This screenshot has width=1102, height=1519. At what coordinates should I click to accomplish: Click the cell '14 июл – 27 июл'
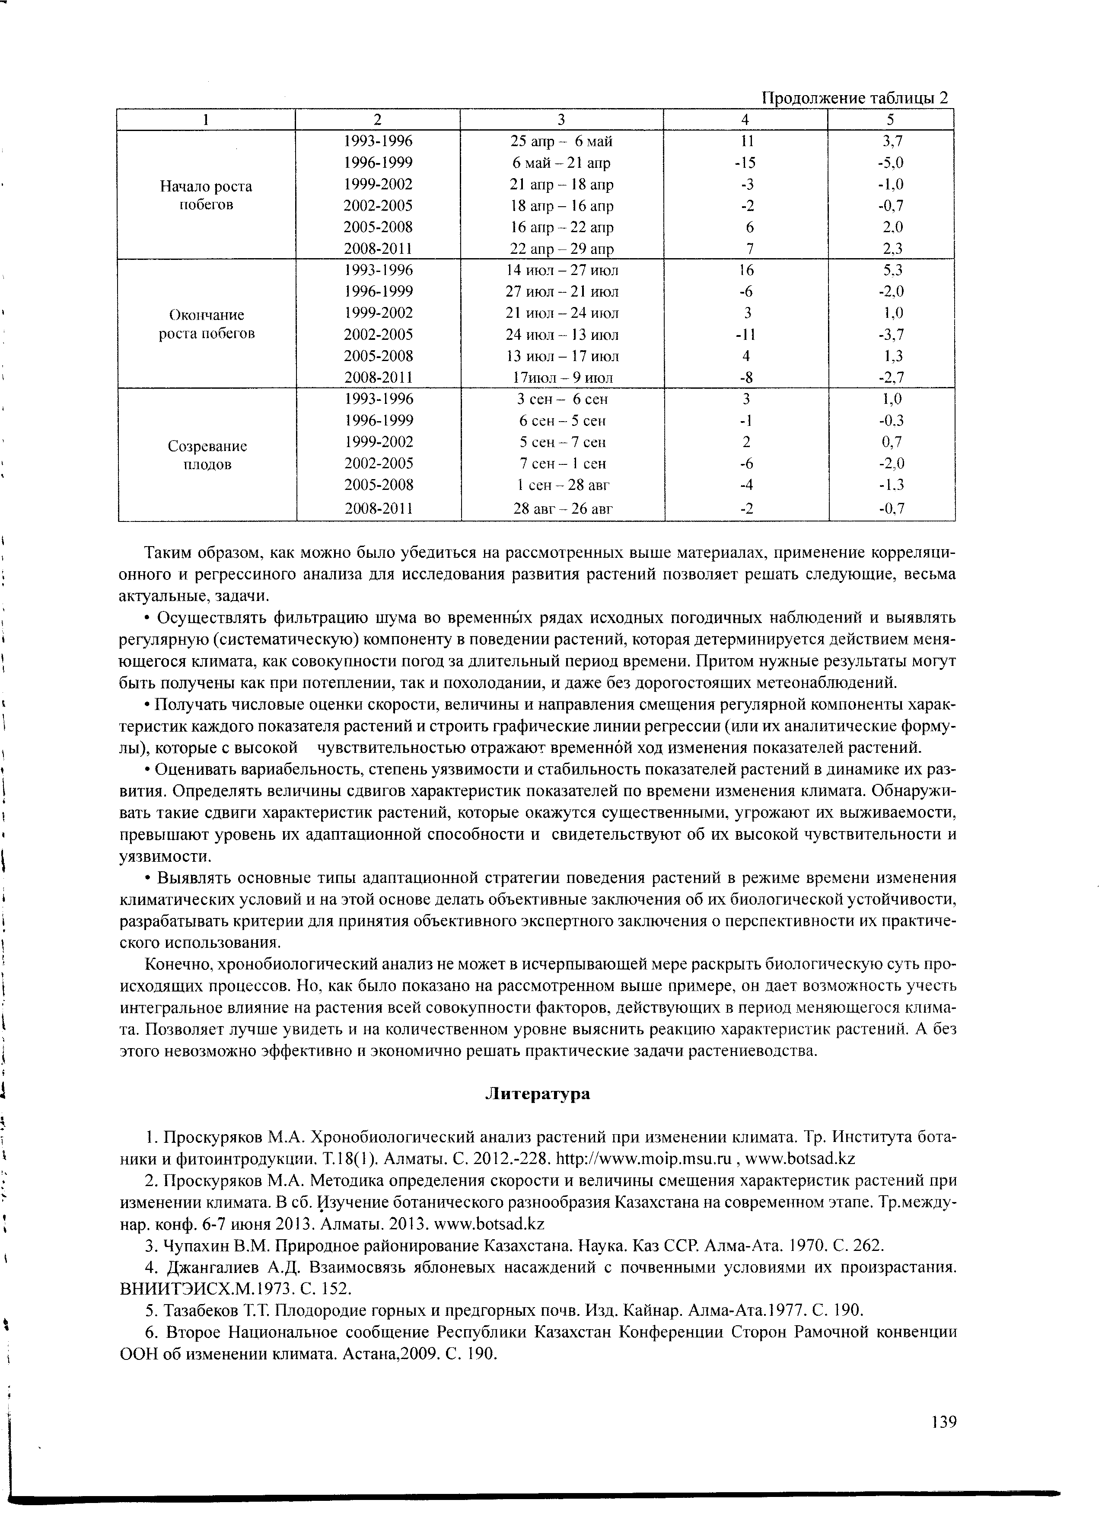(x=562, y=271)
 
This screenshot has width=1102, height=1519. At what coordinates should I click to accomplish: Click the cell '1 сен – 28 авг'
(x=562, y=484)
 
